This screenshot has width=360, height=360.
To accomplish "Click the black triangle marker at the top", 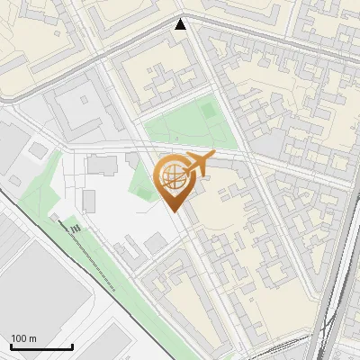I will coord(181,24).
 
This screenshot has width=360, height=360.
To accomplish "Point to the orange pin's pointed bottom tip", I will coord(175,211).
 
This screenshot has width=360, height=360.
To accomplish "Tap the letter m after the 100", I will coord(33,338).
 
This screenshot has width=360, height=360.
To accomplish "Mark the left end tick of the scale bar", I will coord(11,346).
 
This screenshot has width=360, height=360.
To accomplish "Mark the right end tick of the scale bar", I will coord(72,346).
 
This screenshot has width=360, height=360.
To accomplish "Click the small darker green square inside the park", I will coord(209,111).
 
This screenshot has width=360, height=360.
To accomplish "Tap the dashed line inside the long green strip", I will coord(90,256).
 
